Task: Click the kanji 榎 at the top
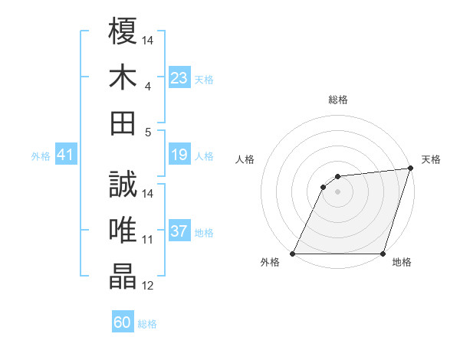tap(123, 31)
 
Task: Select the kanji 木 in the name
tap(123, 77)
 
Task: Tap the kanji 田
tap(123, 122)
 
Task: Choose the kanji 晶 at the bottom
tap(123, 277)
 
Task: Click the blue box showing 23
tap(179, 77)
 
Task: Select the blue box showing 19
tap(179, 155)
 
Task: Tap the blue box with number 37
tap(179, 231)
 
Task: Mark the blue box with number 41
tap(65, 155)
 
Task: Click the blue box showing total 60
tap(123, 322)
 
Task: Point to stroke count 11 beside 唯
tap(148, 240)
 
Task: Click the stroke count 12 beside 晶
tap(148, 286)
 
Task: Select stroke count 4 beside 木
tap(147, 86)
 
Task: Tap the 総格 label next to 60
tap(147, 324)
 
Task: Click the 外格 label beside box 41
tap(41, 156)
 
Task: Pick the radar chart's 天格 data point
tap(410, 168)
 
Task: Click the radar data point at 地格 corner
tap(383, 254)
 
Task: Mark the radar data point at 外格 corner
tap(292, 254)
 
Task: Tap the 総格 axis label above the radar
tap(337, 100)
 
